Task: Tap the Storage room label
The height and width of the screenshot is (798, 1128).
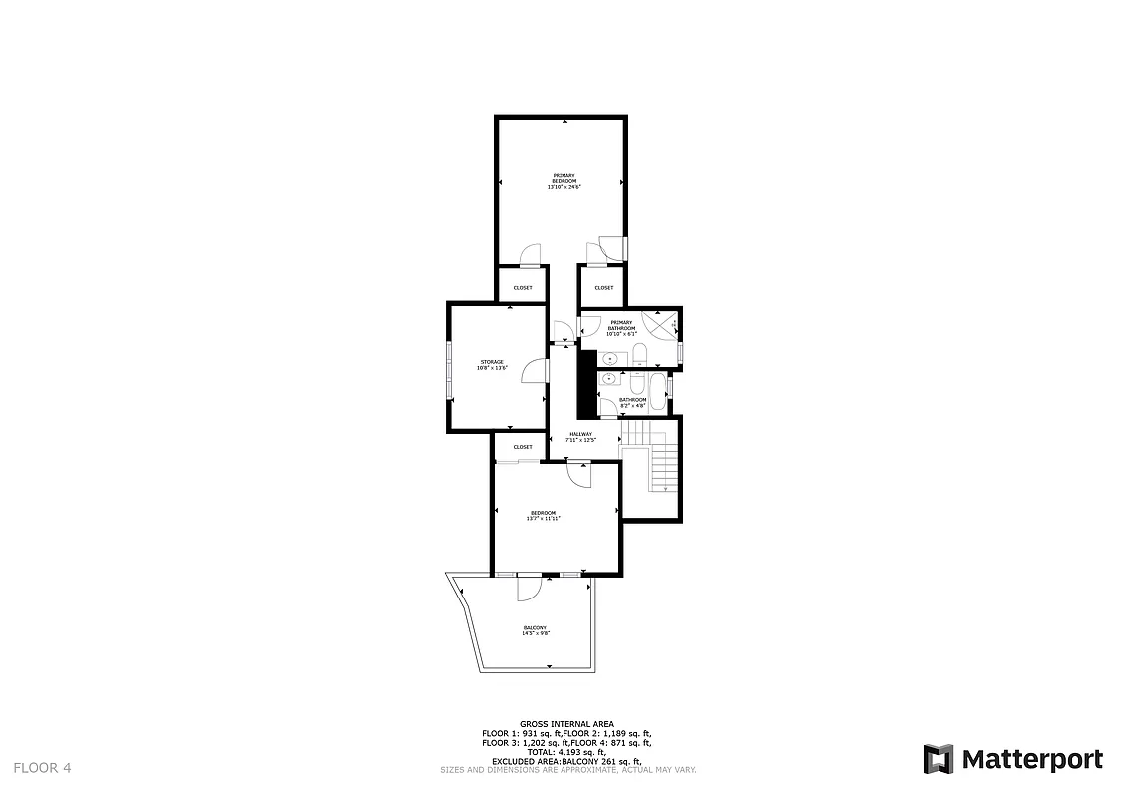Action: [x=492, y=362]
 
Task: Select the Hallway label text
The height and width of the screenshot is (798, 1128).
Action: [x=580, y=434]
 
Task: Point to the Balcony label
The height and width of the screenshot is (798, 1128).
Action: [x=536, y=627]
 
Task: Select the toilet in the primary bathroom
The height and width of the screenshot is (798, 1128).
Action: [x=641, y=354]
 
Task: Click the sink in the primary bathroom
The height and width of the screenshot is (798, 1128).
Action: [x=610, y=357]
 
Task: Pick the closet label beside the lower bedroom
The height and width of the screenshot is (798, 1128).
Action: [x=523, y=447]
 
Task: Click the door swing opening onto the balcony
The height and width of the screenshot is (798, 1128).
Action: [x=528, y=590]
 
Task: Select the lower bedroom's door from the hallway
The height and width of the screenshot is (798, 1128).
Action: [x=578, y=474]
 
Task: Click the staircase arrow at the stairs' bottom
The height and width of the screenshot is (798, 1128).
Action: [x=666, y=488]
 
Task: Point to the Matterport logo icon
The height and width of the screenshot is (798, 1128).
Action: [x=938, y=759]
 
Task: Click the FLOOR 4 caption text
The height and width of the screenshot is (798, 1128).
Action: [x=42, y=768]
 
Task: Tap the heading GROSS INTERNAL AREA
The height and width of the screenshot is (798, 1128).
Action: [x=566, y=724]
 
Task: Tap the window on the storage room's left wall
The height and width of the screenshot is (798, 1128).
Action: [x=449, y=369]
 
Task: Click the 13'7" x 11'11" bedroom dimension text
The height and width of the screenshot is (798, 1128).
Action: [x=544, y=518]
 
